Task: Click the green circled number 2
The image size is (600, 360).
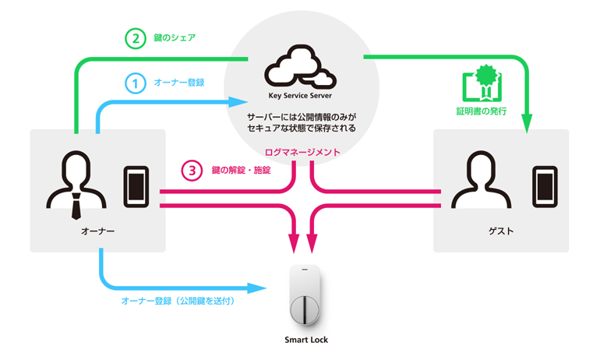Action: tap(136, 39)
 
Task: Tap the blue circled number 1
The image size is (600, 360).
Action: tap(135, 83)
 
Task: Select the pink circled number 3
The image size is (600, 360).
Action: tap(192, 170)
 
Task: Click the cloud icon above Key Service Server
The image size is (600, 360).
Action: tap(300, 67)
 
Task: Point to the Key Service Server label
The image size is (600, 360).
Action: tap(300, 96)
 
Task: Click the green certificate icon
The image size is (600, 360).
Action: tap(482, 83)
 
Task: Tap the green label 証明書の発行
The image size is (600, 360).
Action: tap(482, 111)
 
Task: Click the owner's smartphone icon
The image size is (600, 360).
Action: tap(136, 187)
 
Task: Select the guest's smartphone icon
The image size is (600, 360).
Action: tap(545, 187)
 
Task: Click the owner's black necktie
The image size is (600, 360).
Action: tap(76, 206)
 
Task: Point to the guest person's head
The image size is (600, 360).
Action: tap(481, 167)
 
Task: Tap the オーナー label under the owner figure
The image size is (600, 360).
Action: tap(97, 231)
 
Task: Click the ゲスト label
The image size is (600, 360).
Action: tap(501, 231)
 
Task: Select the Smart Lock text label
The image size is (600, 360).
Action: tap(306, 340)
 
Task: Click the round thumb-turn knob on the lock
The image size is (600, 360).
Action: tap(305, 309)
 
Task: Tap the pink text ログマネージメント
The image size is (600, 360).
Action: tap(302, 152)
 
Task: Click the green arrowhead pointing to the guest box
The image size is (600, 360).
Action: tap(527, 123)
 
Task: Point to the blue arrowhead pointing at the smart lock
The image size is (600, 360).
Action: tap(256, 288)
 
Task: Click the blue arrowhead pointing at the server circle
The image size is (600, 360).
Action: tap(238, 102)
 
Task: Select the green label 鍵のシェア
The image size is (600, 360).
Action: tap(175, 37)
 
